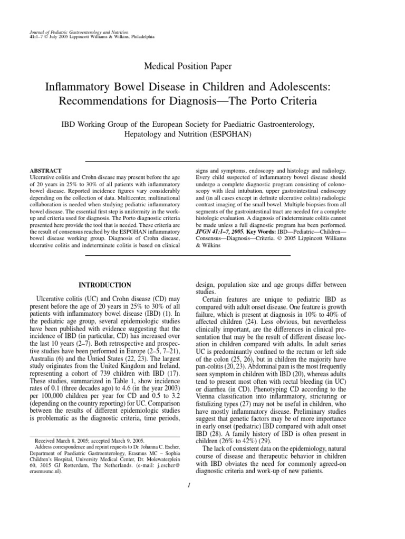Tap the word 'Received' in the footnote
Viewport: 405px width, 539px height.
click(47, 439)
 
